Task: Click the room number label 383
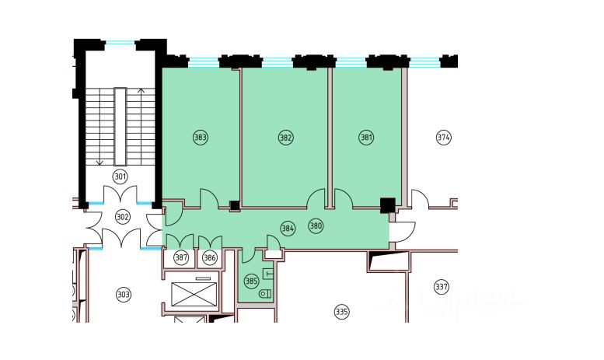point(201,138)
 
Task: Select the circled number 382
point(285,138)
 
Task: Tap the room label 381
point(366,138)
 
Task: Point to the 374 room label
point(443,138)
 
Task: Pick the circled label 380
point(315,226)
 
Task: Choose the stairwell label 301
point(120,175)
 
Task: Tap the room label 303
point(123,294)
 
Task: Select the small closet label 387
point(181,257)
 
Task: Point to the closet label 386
point(209,257)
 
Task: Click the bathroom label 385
point(250,281)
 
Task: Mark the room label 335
point(341,312)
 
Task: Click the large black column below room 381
point(386,205)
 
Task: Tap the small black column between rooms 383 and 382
point(235,205)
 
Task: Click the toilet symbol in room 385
point(264,293)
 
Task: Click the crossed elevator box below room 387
point(187,295)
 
